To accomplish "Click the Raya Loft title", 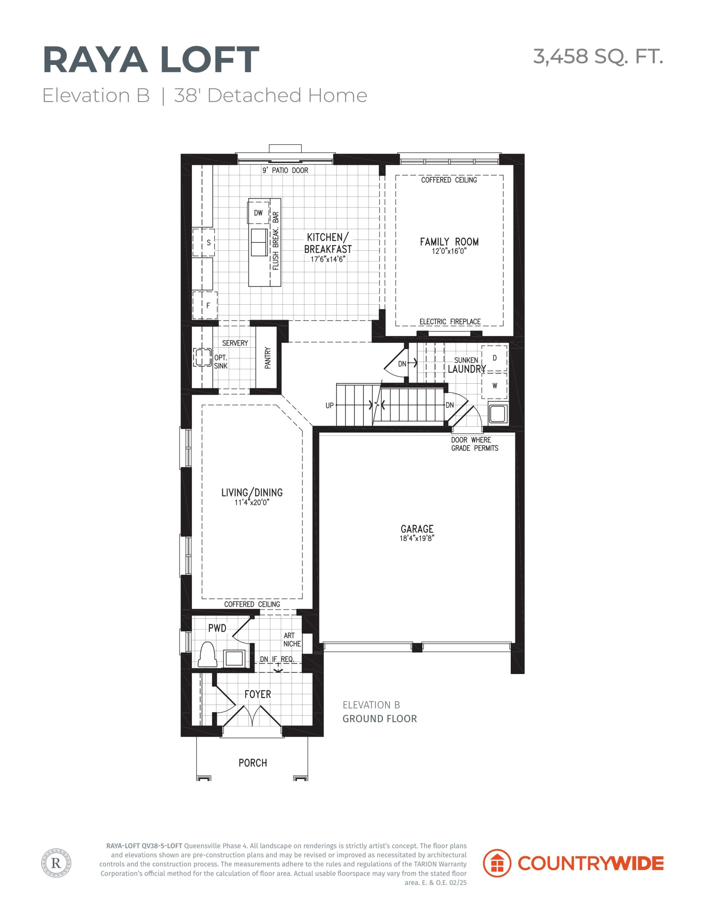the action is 151,60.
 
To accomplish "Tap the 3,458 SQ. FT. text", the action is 598,56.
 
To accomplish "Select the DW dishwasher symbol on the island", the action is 258,213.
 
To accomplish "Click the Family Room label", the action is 449,242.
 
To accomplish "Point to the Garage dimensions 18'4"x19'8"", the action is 417,538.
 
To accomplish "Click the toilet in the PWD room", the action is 207,654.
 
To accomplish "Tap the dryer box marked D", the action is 494,358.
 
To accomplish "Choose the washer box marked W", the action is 494,386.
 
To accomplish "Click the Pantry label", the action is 268,358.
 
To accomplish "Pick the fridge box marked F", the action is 205,305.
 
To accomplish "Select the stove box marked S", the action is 204,242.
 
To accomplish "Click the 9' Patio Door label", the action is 285,170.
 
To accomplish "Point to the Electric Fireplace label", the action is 450,322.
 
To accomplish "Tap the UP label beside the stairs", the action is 330,405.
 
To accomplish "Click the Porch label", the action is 252,763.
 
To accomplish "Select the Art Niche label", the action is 292,640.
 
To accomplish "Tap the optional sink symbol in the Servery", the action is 203,357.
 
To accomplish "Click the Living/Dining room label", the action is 252,493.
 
